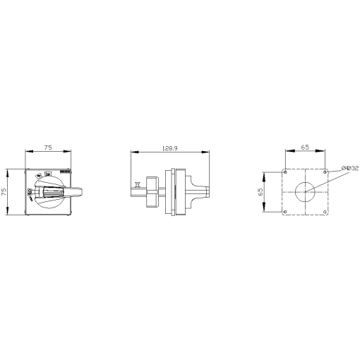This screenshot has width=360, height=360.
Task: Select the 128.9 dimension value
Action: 169,148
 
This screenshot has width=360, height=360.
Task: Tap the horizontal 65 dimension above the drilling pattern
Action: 304,148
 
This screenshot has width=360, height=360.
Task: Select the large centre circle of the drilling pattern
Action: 305,191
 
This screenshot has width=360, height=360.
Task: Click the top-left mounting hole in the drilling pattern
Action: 284,172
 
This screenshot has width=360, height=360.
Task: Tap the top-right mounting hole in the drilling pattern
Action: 325,172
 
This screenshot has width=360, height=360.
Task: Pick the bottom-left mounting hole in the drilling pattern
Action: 284,212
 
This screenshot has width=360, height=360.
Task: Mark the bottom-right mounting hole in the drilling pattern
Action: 325,212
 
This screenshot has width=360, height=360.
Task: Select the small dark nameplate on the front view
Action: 66,172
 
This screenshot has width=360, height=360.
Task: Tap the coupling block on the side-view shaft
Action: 151,191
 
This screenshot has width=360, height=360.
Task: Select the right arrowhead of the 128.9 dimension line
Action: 208,152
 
